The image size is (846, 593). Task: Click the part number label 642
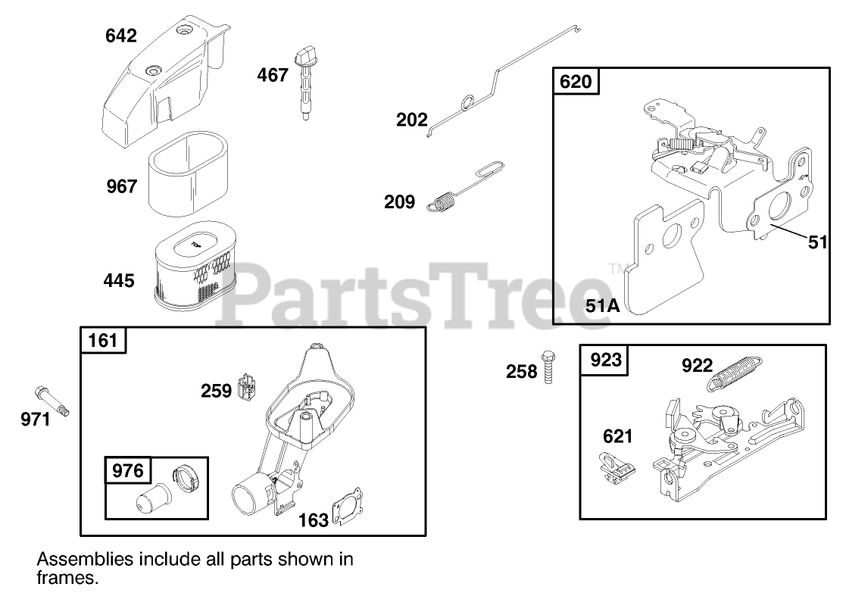pyautogui.click(x=121, y=36)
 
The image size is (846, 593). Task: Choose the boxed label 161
pyautogui.click(x=104, y=340)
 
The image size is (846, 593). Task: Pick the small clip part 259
pyautogui.click(x=247, y=387)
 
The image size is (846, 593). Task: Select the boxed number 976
pyautogui.click(x=127, y=470)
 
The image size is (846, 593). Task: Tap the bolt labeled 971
pyautogui.click(x=52, y=401)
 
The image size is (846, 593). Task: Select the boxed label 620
pyautogui.click(x=576, y=81)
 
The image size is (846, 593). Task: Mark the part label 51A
pyautogui.click(x=603, y=306)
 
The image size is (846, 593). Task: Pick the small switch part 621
pyautogui.click(x=615, y=466)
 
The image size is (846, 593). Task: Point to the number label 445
pyautogui.click(x=119, y=281)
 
